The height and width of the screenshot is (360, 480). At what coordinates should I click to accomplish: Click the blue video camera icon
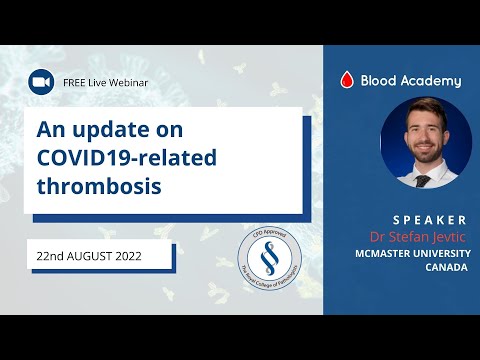[41, 81]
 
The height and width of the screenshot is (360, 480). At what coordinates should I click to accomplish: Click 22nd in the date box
[49, 256]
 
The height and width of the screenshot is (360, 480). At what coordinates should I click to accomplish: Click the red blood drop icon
[347, 81]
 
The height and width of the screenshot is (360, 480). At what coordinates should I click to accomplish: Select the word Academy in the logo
[430, 81]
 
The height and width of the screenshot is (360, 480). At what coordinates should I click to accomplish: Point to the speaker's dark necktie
[423, 180]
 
